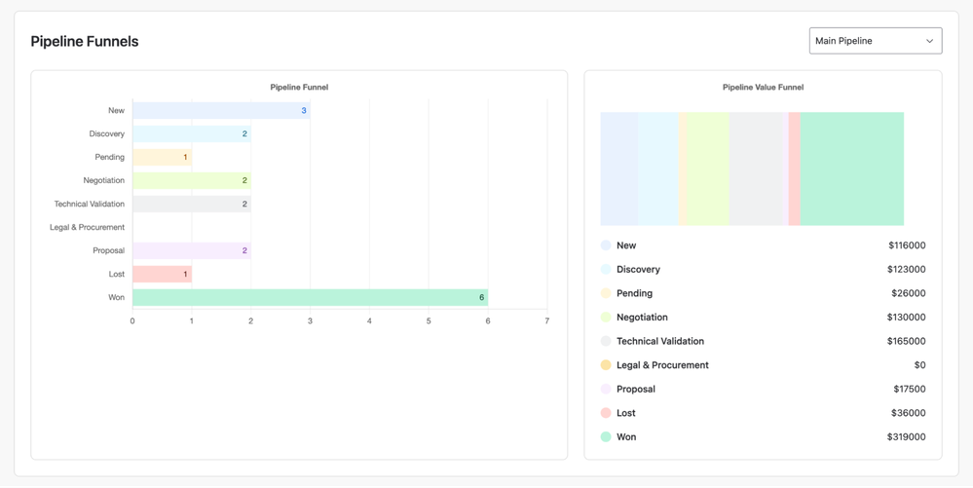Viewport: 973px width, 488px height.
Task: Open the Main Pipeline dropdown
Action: coord(875,41)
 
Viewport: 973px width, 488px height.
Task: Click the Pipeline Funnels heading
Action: coord(85,42)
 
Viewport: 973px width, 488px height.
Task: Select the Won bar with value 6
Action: coord(310,297)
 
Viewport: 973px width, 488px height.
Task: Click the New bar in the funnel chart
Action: coord(221,111)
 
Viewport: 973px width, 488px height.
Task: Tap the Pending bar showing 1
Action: coord(162,157)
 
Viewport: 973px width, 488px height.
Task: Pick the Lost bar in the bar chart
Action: coord(162,274)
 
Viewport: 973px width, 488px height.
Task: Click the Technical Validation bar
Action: coord(191,204)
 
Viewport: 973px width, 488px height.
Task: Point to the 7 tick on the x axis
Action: coord(547,320)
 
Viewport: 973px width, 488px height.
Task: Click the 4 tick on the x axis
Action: coord(369,320)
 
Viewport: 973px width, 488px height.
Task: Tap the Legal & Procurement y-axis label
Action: coord(87,227)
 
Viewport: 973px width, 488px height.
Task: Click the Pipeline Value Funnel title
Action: coord(763,88)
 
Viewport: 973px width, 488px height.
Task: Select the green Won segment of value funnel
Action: coord(851,169)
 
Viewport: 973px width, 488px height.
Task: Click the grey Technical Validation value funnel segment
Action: coord(758,169)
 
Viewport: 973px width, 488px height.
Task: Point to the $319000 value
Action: coord(906,437)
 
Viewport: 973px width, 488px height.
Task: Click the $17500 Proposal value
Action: coord(909,389)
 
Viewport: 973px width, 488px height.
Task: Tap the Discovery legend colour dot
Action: coord(606,269)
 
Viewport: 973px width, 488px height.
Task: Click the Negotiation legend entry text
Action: coord(642,318)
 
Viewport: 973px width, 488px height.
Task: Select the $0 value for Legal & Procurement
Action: coord(919,365)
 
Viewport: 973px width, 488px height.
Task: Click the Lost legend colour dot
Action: coord(606,413)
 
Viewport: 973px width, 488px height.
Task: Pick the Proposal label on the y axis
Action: coord(108,250)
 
